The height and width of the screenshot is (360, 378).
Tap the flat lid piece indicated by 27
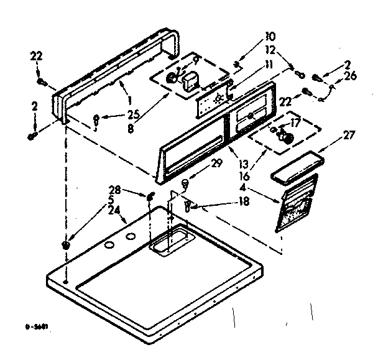(297, 168)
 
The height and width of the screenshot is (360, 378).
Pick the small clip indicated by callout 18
(188, 206)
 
